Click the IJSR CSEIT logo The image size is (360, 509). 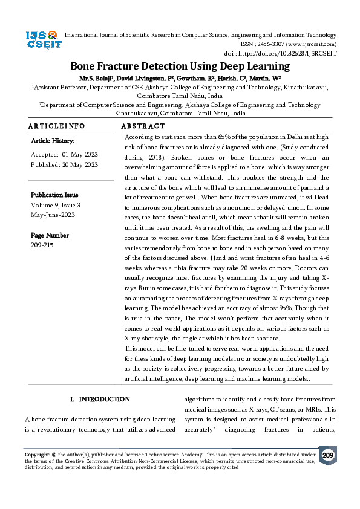[41, 40]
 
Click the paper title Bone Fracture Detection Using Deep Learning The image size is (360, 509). [180, 66]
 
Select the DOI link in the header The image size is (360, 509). [296, 53]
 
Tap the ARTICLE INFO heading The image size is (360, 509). [57, 126]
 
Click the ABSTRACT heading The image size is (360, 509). [143, 126]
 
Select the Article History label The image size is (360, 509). [53, 141]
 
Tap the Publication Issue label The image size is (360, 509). [54, 195]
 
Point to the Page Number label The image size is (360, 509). [50, 235]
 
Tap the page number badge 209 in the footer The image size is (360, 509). [328, 455]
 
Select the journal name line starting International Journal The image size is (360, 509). [200, 36]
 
